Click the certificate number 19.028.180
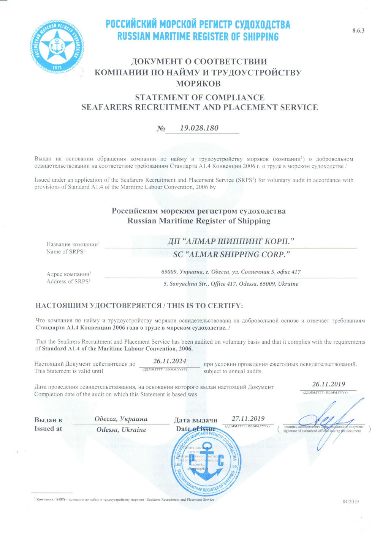click(199, 128)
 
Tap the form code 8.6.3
click(358, 31)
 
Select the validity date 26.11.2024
click(169, 361)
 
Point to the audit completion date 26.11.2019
click(328, 384)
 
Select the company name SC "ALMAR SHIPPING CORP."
click(229, 255)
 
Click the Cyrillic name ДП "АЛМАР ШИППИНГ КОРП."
click(231, 242)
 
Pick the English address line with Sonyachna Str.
click(231, 284)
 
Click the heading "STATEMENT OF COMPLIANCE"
click(199, 97)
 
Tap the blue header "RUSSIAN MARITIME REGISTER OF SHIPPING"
click(198, 37)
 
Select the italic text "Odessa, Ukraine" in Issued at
click(121, 430)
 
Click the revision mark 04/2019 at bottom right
click(350, 501)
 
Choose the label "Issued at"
click(48, 429)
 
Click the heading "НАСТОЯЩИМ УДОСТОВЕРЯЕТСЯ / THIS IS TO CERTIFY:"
click(139, 305)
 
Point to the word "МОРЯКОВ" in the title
click(198, 83)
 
